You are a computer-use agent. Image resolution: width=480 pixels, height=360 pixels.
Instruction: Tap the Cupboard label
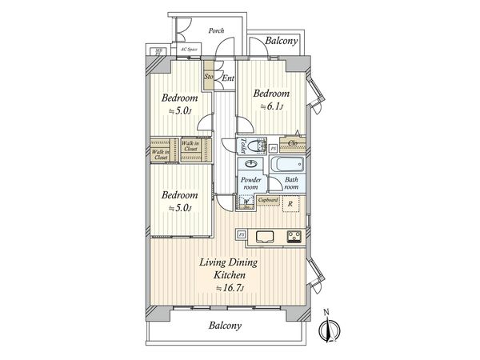tap(268, 199)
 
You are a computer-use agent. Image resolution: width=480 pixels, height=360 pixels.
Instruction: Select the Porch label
tap(216, 30)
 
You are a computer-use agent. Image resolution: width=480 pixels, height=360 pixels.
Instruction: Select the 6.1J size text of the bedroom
tap(268, 106)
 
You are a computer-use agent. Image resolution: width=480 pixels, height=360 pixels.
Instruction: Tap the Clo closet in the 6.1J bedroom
tap(294, 144)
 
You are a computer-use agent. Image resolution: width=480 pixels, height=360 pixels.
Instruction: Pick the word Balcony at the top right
tap(277, 41)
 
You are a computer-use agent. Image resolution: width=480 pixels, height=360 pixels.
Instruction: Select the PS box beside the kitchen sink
tap(241, 234)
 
